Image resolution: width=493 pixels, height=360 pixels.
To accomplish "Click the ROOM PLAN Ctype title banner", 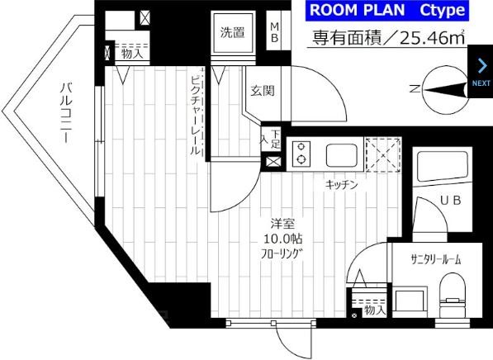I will [x=387, y=11].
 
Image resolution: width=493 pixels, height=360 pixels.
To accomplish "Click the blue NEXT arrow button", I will [x=481, y=72].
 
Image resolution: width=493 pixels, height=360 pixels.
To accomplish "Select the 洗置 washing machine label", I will [x=232, y=33].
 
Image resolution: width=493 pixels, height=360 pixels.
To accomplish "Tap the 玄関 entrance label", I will [x=262, y=91].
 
